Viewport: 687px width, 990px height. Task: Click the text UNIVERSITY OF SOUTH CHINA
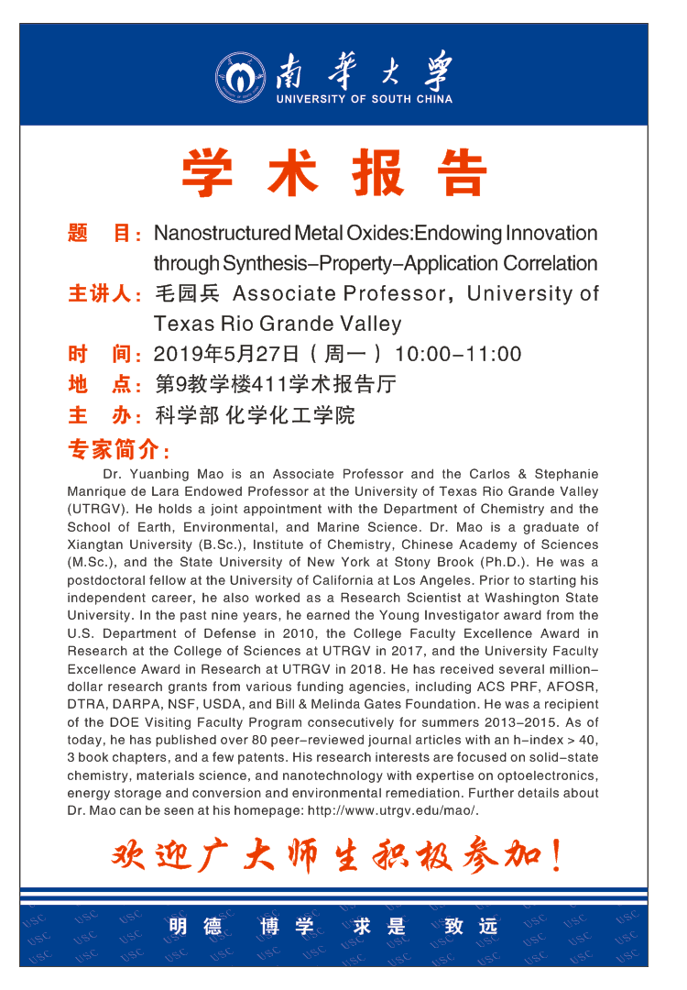point(364,99)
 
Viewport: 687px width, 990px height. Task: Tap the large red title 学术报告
point(333,173)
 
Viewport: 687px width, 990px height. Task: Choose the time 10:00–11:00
point(457,355)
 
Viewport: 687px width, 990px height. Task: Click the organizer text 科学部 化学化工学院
point(254,415)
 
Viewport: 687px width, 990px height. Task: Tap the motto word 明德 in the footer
point(195,927)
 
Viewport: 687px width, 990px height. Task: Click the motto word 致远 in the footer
point(471,927)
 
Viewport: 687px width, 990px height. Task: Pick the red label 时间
point(101,355)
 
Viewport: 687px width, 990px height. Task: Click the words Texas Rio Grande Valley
point(278,324)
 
